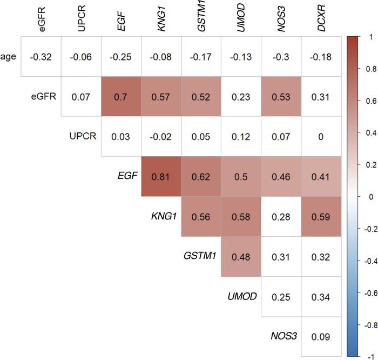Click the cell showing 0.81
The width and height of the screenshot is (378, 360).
(x=161, y=176)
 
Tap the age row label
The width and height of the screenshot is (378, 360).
(x=8, y=56)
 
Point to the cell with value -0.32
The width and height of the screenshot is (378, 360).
(x=41, y=56)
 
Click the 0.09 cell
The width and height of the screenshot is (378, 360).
(x=321, y=336)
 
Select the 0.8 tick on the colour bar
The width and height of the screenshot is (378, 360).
(x=369, y=69)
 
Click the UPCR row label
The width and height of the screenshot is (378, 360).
(x=82, y=136)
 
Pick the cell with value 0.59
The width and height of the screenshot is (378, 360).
(x=321, y=216)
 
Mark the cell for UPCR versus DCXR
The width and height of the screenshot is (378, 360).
(x=321, y=136)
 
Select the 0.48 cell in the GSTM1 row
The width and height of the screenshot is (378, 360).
(x=241, y=256)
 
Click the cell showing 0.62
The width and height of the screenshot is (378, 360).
(x=201, y=176)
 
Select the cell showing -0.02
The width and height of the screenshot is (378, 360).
(x=161, y=136)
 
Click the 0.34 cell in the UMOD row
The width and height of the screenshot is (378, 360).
(x=321, y=296)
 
